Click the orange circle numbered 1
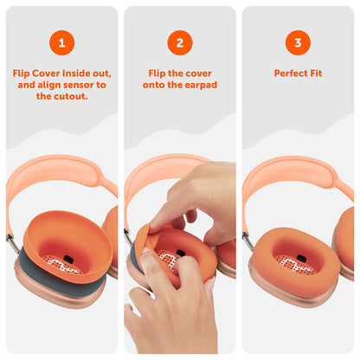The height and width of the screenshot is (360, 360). tap(61, 42)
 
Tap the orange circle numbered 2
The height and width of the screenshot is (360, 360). tap(180, 42)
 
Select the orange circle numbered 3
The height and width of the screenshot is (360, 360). tap(298, 42)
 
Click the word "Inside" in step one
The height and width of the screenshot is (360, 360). tap(75, 74)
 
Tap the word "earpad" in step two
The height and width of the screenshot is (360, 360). tap(201, 85)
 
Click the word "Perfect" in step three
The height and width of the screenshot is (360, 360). tap(291, 74)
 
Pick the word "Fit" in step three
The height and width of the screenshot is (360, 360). tap(316, 74)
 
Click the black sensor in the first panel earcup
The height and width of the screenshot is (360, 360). tap(67, 259)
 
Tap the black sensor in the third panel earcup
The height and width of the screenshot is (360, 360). tap(302, 257)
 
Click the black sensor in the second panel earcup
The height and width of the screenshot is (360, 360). tap(181, 253)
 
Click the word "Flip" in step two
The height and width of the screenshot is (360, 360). tap(157, 74)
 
